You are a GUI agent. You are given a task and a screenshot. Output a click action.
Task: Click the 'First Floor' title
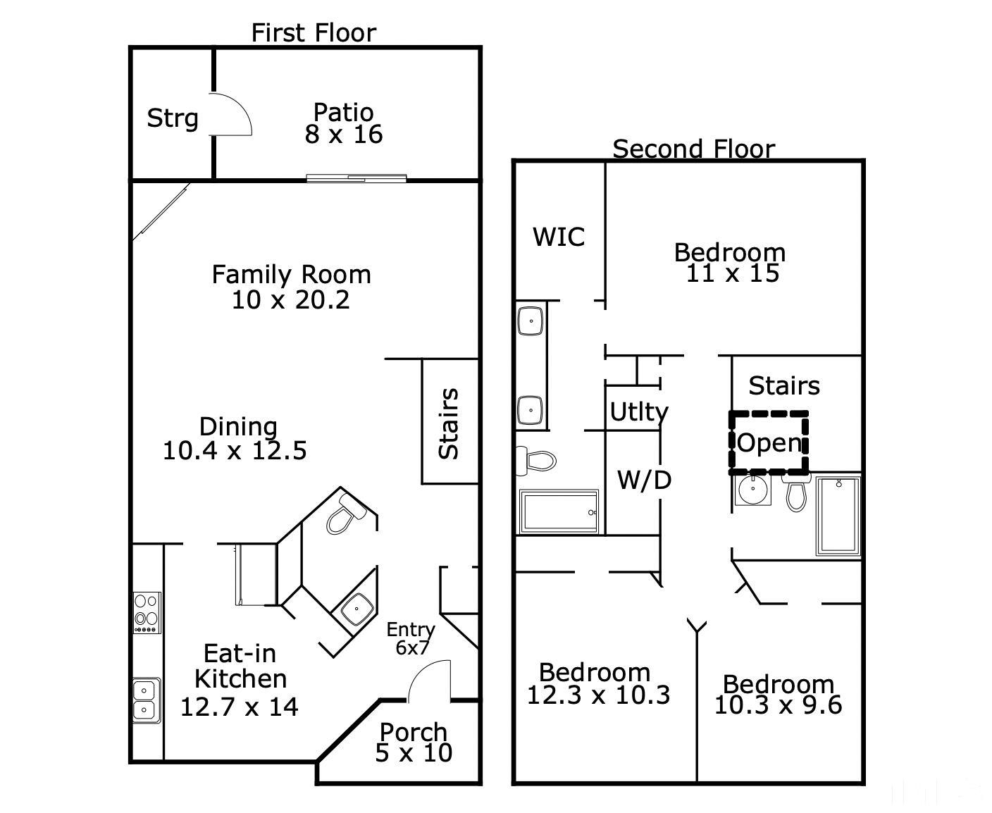314,32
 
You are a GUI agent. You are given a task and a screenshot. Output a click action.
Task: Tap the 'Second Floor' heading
693,149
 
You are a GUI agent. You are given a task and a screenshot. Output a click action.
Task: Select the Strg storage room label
172,118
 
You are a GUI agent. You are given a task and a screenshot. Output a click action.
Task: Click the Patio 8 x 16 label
344,123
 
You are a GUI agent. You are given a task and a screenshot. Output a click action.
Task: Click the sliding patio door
356,178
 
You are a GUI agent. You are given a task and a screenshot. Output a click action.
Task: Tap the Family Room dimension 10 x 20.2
291,300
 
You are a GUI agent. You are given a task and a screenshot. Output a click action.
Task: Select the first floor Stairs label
449,423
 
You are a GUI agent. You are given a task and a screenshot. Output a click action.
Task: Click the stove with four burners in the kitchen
147,612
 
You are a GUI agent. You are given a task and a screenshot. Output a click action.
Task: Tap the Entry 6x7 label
411,638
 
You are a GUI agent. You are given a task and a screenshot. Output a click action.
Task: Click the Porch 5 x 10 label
414,743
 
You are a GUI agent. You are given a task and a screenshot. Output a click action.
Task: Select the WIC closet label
559,237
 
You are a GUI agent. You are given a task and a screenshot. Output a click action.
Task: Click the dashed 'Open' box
769,442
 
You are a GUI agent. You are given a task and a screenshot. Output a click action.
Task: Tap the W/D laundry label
643,480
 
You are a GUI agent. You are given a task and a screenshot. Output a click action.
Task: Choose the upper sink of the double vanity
529,321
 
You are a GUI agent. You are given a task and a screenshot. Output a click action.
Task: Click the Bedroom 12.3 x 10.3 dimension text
598,695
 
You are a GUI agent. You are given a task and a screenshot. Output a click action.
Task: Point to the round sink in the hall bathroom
752,488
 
